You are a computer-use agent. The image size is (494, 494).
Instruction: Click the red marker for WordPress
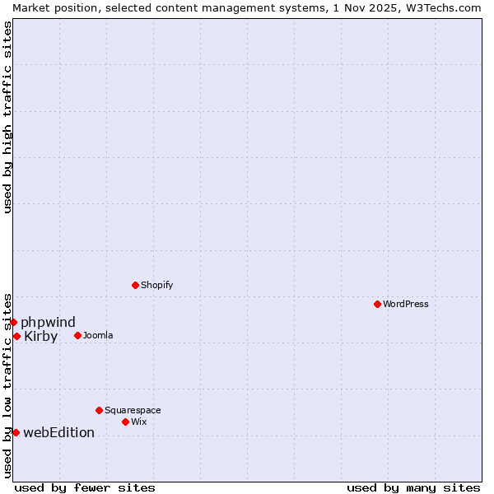click(x=377, y=304)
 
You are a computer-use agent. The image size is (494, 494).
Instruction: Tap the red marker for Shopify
click(x=135, y=285)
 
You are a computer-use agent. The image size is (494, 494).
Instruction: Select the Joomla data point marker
click(x=77, y=335)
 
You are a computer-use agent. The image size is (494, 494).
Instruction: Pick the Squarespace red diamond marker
click(x=99, y=410)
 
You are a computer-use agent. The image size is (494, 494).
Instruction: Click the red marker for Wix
click(x=125, y=422)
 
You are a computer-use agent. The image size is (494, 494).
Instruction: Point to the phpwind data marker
click(x=14, y=322)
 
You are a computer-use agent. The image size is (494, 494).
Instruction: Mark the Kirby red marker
click(x=16, y=336)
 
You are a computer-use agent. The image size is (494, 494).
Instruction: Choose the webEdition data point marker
click(x=16, y=432)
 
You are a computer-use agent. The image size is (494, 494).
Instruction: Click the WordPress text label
click(x=406, y=304)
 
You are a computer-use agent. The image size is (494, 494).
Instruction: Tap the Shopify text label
click(x=156, y=285)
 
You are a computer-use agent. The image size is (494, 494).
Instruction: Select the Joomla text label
click(x=98, y=335)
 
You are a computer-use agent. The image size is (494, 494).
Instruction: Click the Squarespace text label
click(x=133, y=410)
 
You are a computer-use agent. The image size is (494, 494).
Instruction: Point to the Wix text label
click(x=139, y=422)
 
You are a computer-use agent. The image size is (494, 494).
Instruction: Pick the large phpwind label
click(x=48, y=322)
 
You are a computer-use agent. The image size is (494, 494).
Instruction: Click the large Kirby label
click(x=41, y=336)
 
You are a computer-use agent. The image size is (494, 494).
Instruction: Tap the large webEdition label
click(x=58, y=432)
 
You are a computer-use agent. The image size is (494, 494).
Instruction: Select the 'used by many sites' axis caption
click(x=413, y=487)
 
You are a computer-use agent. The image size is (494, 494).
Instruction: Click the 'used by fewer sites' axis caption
click(x=85, y=487)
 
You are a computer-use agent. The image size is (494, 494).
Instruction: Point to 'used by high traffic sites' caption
click(x=7, y=117)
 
